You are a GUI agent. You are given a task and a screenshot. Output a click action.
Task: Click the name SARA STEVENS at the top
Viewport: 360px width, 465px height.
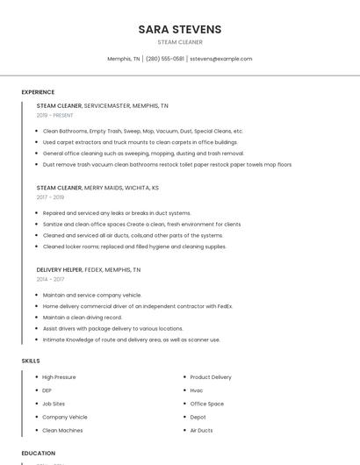[179, 30]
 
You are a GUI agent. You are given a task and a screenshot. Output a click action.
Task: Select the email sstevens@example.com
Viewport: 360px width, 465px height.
[220, 59]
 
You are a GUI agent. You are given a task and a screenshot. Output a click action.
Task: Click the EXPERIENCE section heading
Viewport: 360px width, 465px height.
[38, 92]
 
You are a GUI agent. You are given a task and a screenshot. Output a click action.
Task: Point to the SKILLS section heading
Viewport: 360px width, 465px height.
[31, 361]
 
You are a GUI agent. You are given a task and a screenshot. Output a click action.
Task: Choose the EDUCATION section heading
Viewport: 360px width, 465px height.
[38, 454]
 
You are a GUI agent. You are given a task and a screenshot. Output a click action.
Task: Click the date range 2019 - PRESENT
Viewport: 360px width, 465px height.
[55, 115]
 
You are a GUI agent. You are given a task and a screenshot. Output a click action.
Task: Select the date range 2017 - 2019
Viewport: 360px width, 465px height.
[50, 197]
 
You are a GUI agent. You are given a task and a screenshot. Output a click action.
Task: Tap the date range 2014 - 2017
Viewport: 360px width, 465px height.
[50, 279]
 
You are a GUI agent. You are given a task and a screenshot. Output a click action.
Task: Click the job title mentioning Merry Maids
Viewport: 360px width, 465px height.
[97, 188]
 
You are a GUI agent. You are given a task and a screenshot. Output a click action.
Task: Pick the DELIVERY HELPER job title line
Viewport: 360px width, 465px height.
[88, 269]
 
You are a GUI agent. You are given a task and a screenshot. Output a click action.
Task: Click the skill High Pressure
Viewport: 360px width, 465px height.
[59, 377]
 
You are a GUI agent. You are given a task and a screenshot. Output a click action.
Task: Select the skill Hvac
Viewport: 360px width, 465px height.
[197, 390]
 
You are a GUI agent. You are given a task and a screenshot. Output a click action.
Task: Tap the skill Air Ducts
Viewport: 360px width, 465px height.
[201, 431]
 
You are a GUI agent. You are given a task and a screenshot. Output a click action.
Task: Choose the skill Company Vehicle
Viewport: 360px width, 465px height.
[65, 417]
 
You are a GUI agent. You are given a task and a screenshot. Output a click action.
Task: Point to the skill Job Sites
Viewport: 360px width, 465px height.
[54, 404]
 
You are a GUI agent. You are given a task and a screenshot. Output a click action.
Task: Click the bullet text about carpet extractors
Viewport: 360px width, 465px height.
[140, 142]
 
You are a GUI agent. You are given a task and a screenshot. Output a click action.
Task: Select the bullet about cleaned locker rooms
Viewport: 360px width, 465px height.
[134, 247]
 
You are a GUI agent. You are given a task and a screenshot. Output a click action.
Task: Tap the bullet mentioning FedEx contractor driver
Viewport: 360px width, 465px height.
[137, 306]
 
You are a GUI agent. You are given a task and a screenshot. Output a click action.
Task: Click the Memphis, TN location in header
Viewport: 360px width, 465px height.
[123, 59]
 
